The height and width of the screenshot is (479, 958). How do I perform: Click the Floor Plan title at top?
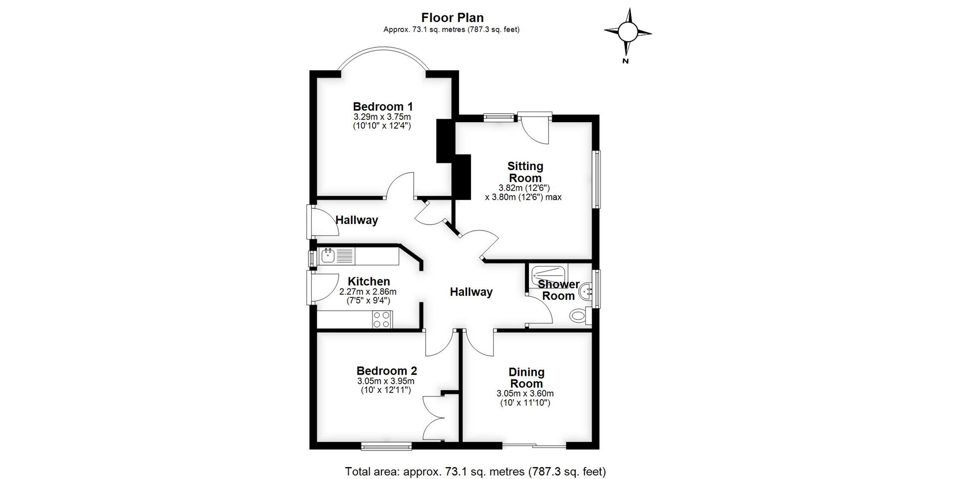click(452, 18)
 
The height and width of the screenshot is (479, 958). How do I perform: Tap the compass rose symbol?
click(628, 32)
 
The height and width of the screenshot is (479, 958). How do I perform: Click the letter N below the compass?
click(625, 61)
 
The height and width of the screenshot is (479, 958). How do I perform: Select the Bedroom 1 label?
click(383, 106)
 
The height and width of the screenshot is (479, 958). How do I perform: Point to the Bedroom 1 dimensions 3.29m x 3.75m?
click(382, 117)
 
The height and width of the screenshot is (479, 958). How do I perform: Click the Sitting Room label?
click(525, 172)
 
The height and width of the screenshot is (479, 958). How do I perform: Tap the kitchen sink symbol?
click(328, 256)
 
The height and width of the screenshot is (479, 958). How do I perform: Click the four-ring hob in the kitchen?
click(382, 319)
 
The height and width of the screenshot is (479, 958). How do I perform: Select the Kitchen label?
click(369, 281)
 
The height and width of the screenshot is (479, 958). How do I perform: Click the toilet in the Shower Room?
click(579, 315)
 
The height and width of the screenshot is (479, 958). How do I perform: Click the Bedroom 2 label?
click(386, 371)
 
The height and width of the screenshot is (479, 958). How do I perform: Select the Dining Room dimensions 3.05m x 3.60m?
click(525, 393)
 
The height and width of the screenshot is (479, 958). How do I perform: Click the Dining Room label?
click(526, 378)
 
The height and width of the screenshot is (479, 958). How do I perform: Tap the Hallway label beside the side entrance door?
click(356, 220)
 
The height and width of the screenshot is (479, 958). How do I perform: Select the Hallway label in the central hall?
click(471, 292)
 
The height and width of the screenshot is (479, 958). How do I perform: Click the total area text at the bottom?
click(475, 471)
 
